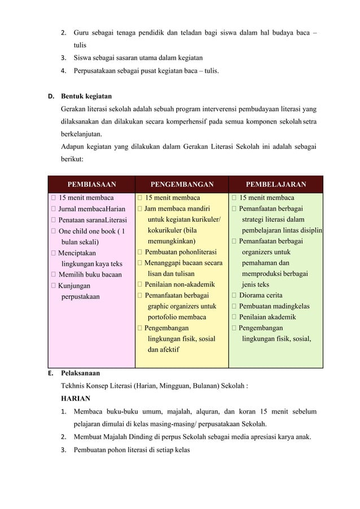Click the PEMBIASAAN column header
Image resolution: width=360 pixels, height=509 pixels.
tap(91, 184)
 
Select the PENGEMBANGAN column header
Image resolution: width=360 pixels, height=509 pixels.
tap(182, 184)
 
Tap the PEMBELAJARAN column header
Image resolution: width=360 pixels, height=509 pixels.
tap(276, 184)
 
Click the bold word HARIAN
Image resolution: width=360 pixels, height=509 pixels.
tap(77, 398)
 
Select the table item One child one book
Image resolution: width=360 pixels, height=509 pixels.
tap(91, 231)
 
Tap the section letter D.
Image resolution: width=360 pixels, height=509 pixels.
tap(50, 96)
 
